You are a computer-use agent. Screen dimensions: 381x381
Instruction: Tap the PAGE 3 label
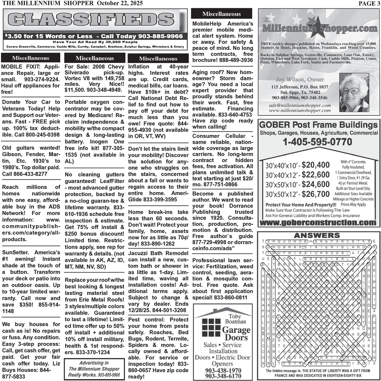pos(369,3)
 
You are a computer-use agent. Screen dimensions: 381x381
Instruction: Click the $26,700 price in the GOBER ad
pos(315,194)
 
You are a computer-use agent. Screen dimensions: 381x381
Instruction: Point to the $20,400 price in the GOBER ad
pos(315,165)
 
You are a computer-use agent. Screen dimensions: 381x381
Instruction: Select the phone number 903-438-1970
pos(223,370)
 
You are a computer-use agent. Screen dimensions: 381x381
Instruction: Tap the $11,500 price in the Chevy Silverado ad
pos(75,90)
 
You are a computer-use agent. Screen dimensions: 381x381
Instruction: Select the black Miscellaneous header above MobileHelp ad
pos(221,14)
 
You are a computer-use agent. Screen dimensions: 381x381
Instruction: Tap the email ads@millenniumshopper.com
pos(299,105)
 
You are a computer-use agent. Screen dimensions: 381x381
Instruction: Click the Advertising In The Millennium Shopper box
pos(94,369)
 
